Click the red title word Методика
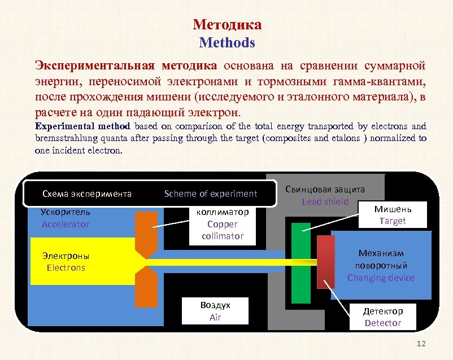click(x=226, y=25)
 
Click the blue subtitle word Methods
click(x=226, y=42)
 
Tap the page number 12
click(x=420, y=344)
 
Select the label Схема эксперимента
click(x=87, y=194)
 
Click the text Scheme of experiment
click(x=211, y=194)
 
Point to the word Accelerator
click(x=66, y=224)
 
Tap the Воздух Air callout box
click(x=215, y=311)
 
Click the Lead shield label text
click(x=325, y=201)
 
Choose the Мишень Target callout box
click(x=393, y=215)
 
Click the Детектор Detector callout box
click(x=382, y=317)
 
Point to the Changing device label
click(x=381, y=278)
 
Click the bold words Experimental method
click(x=82, y=126)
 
